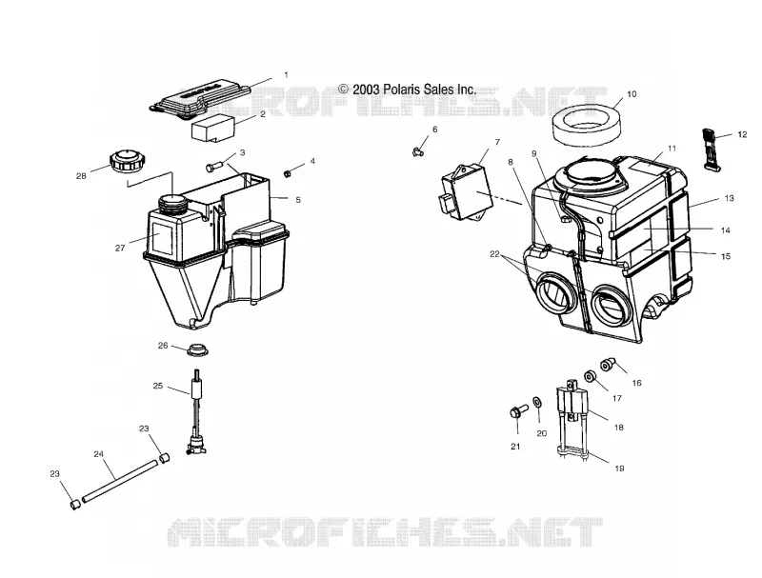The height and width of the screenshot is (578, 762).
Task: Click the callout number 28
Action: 81,176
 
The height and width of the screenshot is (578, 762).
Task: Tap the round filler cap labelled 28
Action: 126,160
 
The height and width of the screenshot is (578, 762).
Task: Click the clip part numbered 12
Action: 710,149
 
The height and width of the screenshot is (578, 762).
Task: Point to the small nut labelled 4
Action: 288,173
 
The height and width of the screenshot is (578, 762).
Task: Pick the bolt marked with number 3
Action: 213,167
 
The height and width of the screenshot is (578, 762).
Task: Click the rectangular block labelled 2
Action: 213,128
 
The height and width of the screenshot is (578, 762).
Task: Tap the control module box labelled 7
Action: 465,190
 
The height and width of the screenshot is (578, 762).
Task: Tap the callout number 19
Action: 619,468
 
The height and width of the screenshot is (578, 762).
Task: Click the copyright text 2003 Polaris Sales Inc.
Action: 408,90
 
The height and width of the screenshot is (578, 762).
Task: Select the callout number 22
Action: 494,253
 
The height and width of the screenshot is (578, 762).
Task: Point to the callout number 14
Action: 726,230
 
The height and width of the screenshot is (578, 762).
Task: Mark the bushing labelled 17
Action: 591,377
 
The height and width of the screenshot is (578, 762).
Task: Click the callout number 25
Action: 158,386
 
